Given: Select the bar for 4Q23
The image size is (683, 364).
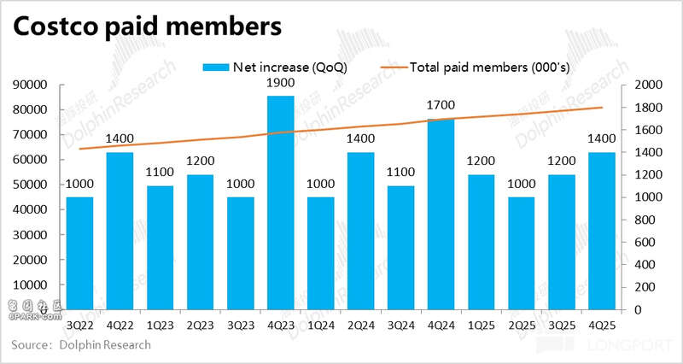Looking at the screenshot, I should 281,202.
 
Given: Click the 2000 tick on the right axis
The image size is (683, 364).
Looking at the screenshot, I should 646,85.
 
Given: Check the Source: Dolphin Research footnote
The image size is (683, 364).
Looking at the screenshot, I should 81,344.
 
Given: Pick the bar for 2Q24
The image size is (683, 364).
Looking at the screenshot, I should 361,230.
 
